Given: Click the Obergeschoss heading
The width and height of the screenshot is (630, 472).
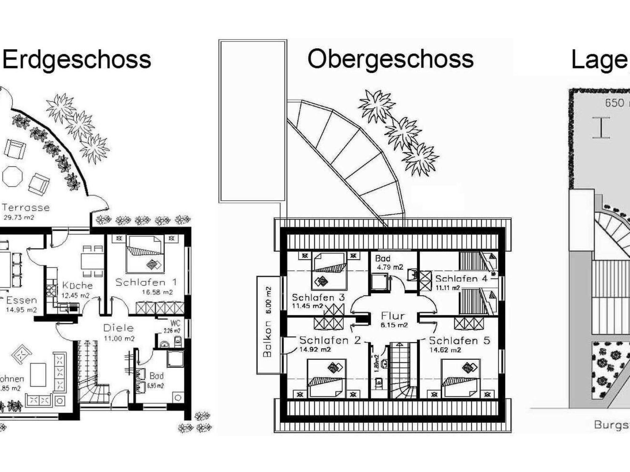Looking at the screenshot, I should click(390, 59).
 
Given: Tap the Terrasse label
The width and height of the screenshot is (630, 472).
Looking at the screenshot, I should click(26, 207).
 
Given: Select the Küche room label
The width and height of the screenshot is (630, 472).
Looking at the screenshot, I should click(78, 285).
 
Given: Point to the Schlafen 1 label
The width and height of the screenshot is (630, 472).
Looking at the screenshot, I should click(146, 282).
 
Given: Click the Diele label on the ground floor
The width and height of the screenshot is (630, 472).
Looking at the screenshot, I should click(118, 328).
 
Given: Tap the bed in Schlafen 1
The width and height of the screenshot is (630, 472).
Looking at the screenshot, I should click(145, 254).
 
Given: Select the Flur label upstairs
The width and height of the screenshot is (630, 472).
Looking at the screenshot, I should click(393, 316).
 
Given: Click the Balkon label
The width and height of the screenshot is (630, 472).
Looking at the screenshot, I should click(267, 339).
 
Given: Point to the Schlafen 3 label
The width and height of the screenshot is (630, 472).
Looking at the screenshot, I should click(318, 297).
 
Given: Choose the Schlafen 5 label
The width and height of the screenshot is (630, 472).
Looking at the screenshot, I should click(459, 340).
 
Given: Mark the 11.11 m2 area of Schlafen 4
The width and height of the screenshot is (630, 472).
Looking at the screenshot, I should click(448, 288).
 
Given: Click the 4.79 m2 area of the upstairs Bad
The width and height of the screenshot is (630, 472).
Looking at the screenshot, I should click(390, 267).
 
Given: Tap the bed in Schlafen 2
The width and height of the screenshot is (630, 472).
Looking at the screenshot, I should click(327, 378).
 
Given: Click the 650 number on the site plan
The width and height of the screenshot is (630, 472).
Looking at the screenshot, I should click(615, 103).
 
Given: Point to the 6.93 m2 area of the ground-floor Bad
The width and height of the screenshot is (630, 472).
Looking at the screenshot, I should click(155, 386).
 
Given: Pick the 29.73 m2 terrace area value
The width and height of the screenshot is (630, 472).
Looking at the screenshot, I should click(19, 218).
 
